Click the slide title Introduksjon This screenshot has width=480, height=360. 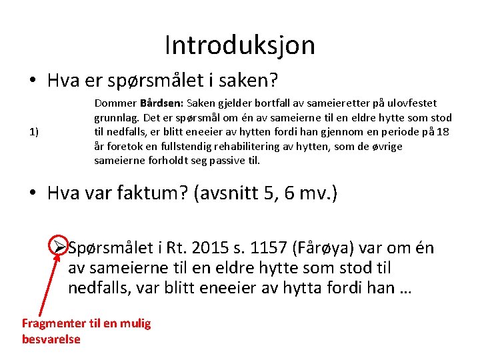[x=239, y=45]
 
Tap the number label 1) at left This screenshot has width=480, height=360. [x=33, y=131]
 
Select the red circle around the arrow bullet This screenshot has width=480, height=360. [x=58, y=247]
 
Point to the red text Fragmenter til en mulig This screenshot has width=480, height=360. [x=87, y=323]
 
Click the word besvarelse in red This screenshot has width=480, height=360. [x=51, y=339]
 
